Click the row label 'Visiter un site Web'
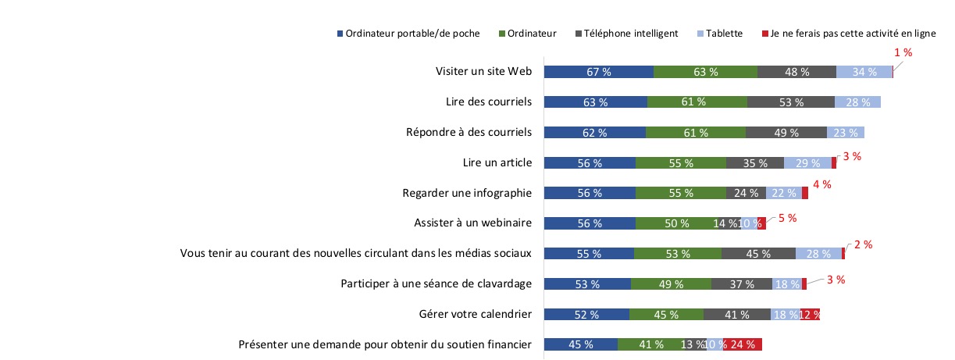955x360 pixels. (x=483, y=71)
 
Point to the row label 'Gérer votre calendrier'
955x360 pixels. (x=475, y=314)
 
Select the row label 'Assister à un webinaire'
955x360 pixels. (x=472, y=223)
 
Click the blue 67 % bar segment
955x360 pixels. (x=598, y=72)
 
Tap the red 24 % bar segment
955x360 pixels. (x=742, y=344)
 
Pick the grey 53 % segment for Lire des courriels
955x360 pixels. (x=790, y=102)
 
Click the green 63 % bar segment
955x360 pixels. (x=705, y=72)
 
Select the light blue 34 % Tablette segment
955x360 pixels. (x=864, y=72)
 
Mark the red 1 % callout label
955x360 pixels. (x=903, y=52)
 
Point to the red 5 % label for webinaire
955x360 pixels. (x=786, y=218)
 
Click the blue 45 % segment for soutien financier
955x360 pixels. (x=580, y=344)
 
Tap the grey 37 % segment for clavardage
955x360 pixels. (x=741, y=284)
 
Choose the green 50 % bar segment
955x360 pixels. (x=676, y=223)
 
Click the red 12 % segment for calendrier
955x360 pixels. (x=810, y=315)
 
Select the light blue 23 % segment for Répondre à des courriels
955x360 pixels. (x=845, y=133)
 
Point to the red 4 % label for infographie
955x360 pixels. (x=822, y=185)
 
